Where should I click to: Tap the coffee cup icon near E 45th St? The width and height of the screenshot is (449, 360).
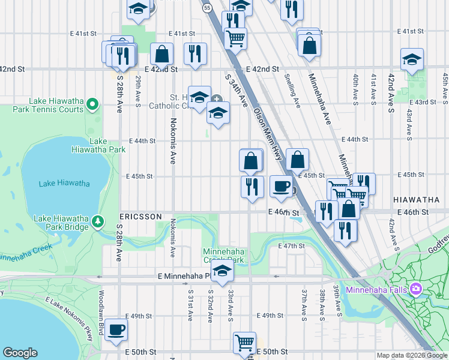coord(281,186)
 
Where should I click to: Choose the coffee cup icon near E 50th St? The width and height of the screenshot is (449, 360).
coord(116,329)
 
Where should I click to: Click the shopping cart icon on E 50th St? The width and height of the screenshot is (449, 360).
coord(244,343)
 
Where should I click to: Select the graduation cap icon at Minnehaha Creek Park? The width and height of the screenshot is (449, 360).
coord(222,269)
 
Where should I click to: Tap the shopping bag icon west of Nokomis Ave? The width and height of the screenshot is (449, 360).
coord(162,53)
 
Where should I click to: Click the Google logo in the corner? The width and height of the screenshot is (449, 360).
coord(20,353)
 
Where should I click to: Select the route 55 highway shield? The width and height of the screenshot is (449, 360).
coord(207,7)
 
